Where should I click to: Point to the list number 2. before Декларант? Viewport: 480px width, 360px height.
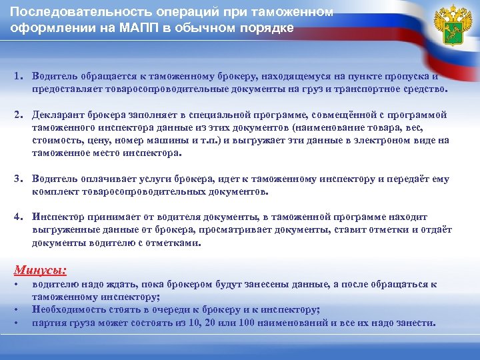(19, 115)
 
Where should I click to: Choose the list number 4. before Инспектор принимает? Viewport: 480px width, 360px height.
(19, 217)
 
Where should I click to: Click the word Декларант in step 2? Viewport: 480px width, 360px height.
(59, 115)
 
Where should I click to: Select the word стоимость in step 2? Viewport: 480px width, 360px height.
(55, 141)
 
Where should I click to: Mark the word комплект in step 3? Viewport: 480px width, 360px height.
(54, 191)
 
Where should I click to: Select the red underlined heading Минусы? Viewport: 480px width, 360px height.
(41, 270)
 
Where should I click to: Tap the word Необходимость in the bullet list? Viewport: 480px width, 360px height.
(69, 309)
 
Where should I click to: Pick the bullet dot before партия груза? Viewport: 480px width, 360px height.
(17, 323)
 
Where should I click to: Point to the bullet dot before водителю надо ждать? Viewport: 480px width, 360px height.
(17, 285)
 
